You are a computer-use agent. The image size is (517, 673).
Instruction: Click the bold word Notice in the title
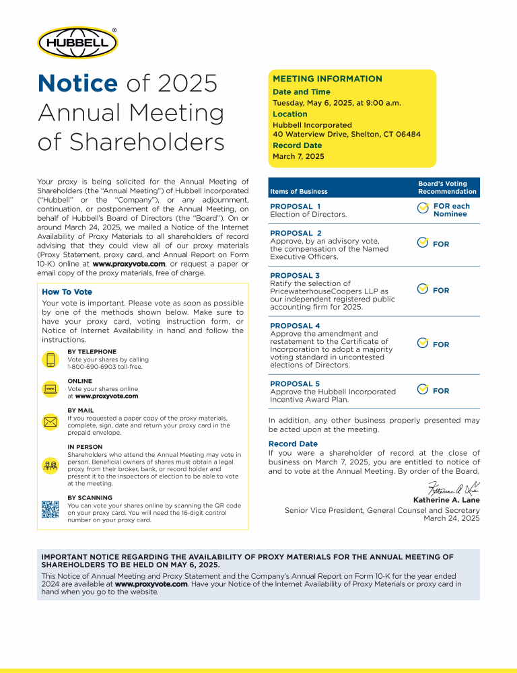tap(77, 83)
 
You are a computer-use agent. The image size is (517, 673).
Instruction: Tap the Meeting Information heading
tap(327, 79)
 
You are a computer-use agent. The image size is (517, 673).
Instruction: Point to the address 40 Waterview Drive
tap(347, 134)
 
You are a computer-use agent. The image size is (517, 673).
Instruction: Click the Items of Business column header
tap(299, 192)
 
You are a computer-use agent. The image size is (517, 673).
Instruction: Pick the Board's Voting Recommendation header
tap(447, 187)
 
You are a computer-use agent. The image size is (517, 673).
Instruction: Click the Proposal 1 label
tap(295, 206)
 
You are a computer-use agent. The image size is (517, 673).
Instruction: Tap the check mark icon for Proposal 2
tap(422, 243)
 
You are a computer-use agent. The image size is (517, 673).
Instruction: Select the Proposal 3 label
tap(295, 275)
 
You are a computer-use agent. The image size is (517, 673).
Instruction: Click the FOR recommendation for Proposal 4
tap(441, 345)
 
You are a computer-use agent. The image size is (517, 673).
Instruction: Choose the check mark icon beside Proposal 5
tap(422, 390)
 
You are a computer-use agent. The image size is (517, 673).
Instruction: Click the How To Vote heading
tap(67, 291)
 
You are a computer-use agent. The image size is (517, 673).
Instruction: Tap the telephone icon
tap(50, 359)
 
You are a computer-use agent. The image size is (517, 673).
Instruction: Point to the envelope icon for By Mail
tap(50, 422)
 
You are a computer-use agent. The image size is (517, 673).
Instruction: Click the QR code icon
tap(50, 510)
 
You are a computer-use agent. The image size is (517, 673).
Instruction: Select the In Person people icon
tap(50, 464)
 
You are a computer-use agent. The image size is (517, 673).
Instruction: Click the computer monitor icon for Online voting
tap(50, 389)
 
